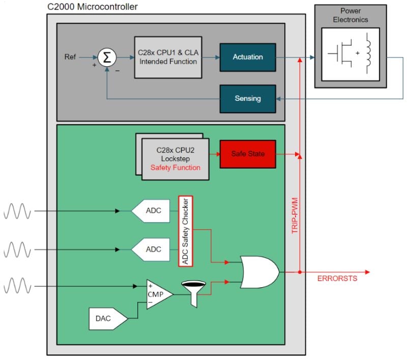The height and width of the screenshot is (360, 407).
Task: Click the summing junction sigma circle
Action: click(106, 57)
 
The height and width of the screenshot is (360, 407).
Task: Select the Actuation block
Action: click(247, 57)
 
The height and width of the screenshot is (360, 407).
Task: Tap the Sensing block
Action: click(247, 98)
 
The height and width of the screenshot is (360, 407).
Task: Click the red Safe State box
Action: click(247, 154)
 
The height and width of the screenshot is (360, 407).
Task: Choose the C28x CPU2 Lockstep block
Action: click(176, 159)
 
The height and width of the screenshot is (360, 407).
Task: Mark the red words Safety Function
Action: click(176, 168)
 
